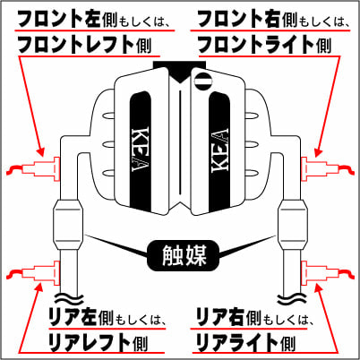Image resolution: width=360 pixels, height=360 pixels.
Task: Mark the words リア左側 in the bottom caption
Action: pos(76,316)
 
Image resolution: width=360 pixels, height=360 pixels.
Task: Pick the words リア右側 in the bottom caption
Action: pos(227,316)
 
